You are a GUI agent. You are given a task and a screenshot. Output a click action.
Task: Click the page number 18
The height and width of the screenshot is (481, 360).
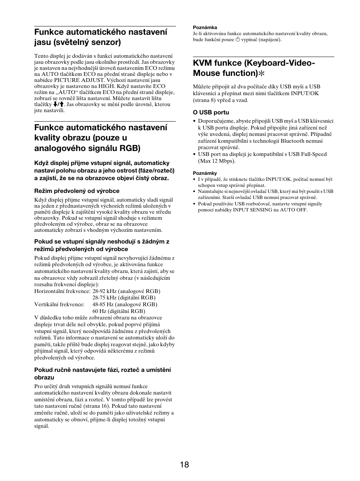pos(185,465)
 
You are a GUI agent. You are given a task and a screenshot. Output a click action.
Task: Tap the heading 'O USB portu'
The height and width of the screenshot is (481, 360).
pos(211,113)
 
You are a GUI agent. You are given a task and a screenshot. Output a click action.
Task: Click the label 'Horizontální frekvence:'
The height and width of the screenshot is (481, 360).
pos(62,291)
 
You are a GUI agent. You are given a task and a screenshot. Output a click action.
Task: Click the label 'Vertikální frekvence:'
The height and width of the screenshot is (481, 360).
pos(59,304)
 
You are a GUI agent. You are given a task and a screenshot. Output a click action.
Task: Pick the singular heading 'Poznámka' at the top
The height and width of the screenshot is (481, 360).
pos(205,28)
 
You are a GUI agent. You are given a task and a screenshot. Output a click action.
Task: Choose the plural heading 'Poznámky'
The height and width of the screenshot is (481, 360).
pos(205,173)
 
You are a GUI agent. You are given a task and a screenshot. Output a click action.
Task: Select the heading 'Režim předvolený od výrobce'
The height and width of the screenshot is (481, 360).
pos(77,191)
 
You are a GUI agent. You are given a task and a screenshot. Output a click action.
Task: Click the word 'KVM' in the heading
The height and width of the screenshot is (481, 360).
pos(204,63)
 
